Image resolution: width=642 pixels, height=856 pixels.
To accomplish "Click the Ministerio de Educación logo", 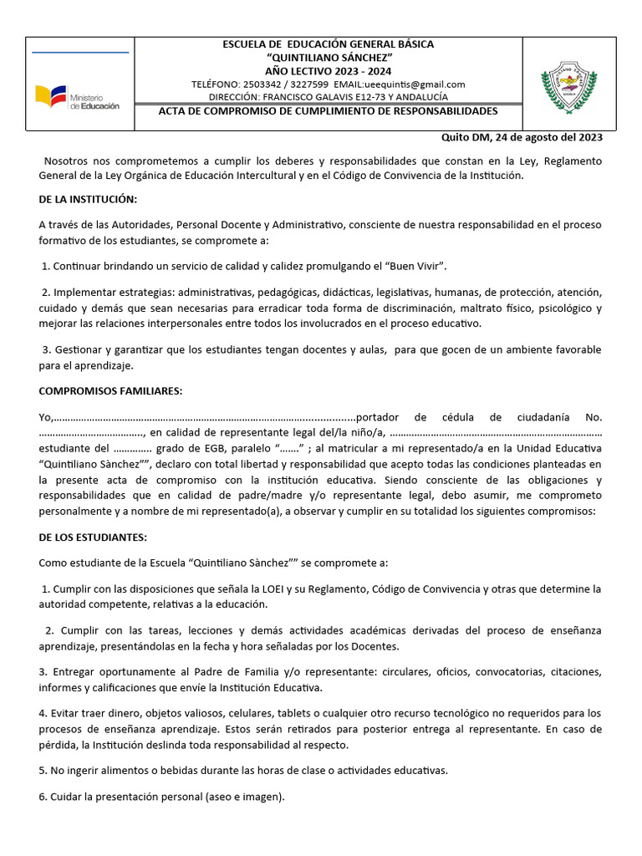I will click(x=77, y=99).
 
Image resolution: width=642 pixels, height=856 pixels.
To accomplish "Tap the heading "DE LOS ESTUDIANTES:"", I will click(x=93, y=537).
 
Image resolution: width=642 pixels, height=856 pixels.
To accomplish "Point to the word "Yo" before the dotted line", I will click(x=45, y=417).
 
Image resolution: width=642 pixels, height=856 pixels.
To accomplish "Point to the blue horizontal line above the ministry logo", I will click(x=80, y=53).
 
